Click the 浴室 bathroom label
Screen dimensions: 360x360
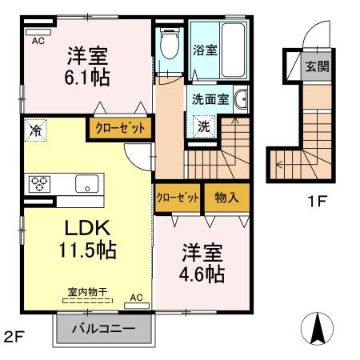tap(204, 50)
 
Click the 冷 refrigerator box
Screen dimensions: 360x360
tap(34, 128)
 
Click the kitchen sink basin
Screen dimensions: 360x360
tap(86, 183)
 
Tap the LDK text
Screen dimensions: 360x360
tap(78, 227)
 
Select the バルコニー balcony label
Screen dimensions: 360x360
tap(103, 329)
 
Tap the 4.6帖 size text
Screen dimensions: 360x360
tap(201, 274)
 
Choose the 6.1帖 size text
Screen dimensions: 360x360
tap(86, 78)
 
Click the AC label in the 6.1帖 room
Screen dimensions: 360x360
tap(38, 41)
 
